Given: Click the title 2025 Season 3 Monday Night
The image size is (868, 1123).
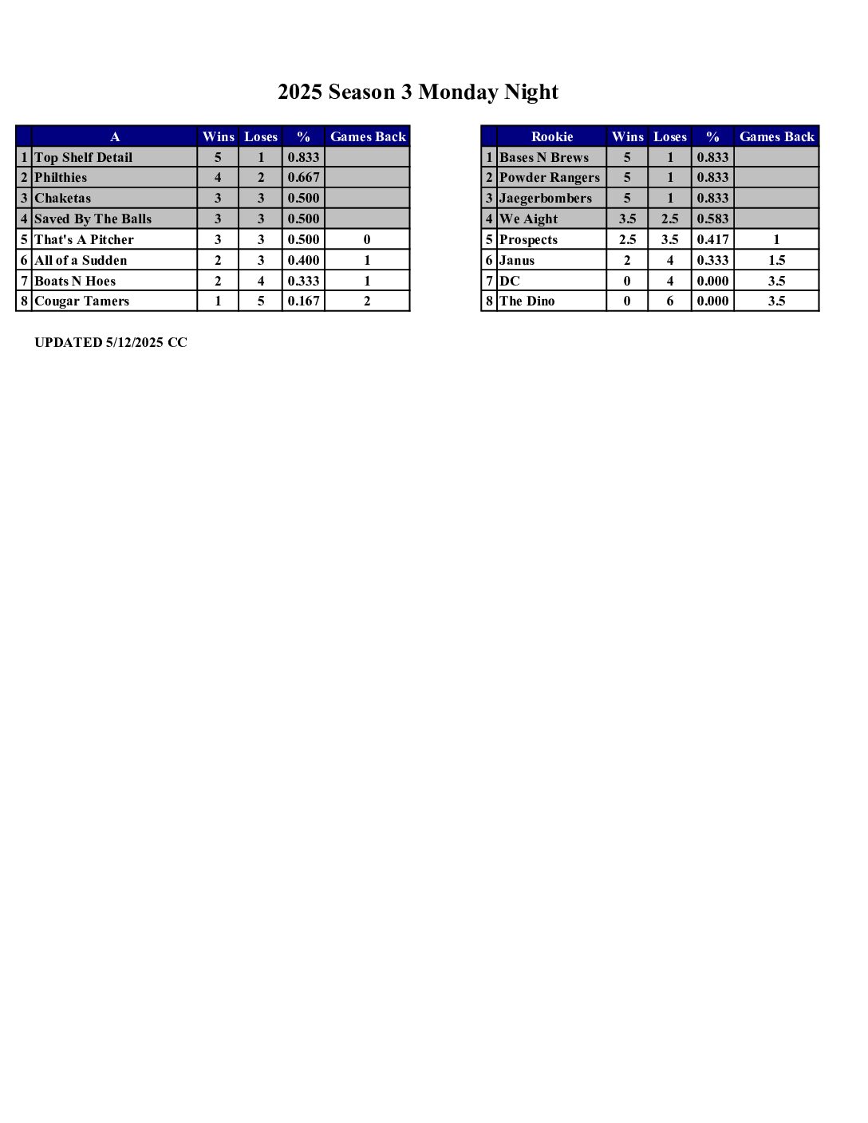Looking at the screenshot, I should point(417,93).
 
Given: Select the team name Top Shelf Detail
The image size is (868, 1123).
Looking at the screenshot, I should point(83,157).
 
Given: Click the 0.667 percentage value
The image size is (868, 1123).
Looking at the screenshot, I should point(303,177).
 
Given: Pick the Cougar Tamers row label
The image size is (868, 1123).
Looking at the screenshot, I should point(81,301).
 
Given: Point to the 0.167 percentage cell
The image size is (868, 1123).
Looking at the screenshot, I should point(303,301).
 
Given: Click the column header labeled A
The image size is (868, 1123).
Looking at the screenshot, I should point(115,136).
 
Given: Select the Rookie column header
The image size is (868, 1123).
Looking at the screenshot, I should point(551,136).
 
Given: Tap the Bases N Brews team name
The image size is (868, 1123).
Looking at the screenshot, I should point(543,157).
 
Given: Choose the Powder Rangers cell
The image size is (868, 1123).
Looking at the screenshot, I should point(549,177).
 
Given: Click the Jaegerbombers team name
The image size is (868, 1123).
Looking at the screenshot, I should point(545,198).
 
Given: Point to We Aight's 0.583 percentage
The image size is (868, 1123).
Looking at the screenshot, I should point(712,219).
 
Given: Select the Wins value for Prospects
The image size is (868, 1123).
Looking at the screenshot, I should point(627,239).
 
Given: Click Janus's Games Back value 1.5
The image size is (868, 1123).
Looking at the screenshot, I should point(776,260).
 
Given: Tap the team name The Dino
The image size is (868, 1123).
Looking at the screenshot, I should point(527,301).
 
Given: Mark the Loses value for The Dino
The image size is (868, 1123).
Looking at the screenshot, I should point(669,301).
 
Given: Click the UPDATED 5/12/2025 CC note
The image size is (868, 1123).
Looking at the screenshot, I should point(111,342).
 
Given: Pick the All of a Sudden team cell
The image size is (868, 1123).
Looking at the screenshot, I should point(81,260).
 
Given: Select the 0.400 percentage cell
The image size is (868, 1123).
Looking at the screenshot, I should point(303,260).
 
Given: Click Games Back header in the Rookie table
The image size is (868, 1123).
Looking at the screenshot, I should point(776,136).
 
